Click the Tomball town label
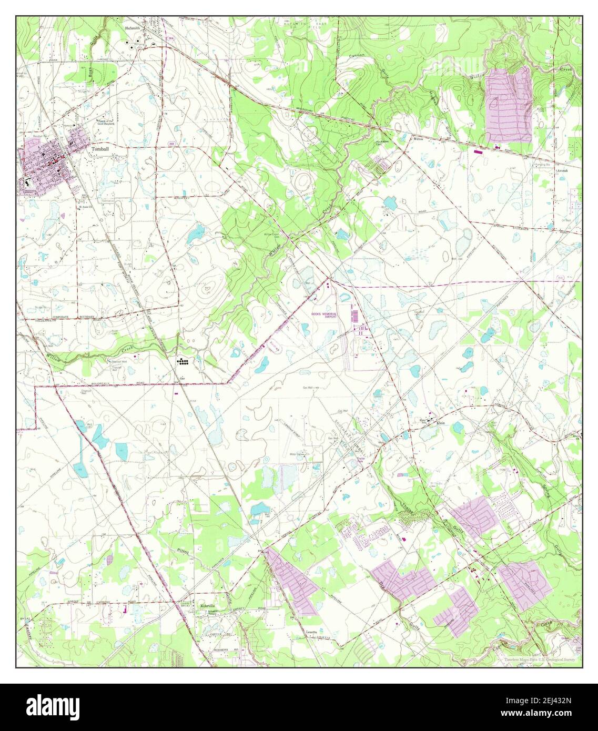coord(99,149)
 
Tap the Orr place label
coord(183,378)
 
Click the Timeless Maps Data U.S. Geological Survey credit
coord(539,659)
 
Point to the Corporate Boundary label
coord(79,317)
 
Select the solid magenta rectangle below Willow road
coord(478,151)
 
